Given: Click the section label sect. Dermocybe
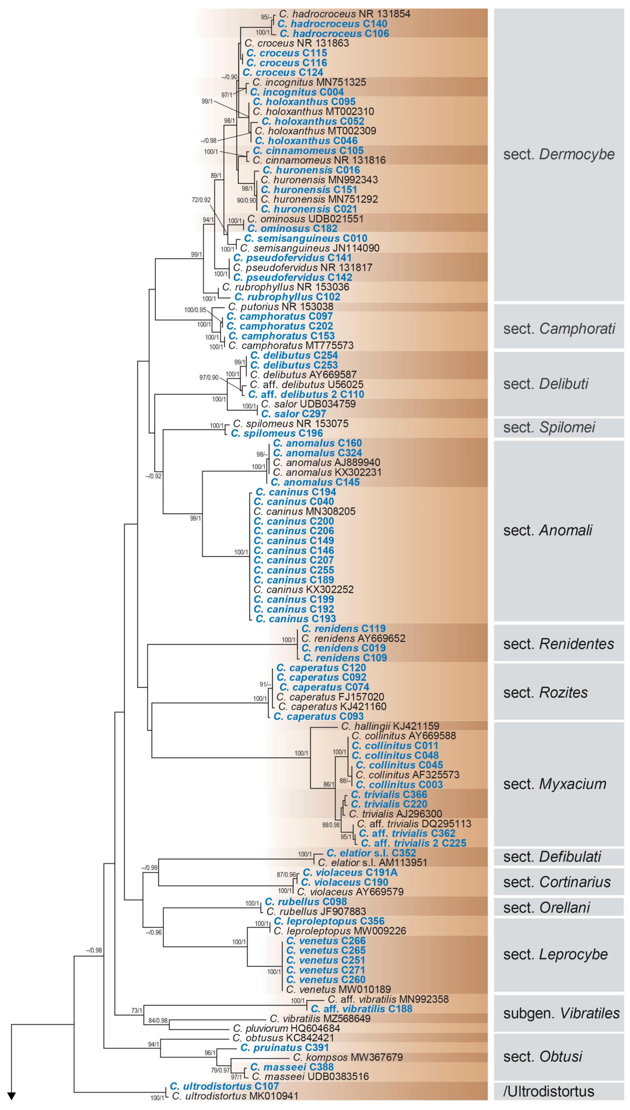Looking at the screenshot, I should pos(558,154).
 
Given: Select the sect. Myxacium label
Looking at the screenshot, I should pos(554,784).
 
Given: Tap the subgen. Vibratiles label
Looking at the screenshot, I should pos(561,1013).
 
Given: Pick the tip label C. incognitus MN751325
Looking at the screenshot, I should pos(309,82).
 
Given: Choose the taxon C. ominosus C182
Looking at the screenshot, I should pos(292,229).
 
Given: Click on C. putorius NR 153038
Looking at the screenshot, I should pos(280,307).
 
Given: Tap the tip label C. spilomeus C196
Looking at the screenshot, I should pos(276,433).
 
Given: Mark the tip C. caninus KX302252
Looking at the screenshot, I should pos(303,589).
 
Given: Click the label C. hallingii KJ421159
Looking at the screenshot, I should pos(390,726).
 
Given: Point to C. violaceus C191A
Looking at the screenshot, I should pos(350,872).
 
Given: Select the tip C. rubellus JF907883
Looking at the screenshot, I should pos(316,912).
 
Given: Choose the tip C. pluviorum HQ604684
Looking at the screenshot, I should pos(286,1028).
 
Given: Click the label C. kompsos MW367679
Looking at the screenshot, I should pos(347,1057).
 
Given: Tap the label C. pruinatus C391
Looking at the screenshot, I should pos(284,1048).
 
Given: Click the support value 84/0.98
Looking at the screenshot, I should pos(158,1020).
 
